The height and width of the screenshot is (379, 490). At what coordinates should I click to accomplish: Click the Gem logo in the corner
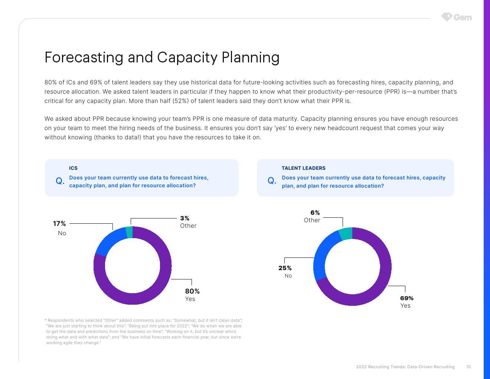456,17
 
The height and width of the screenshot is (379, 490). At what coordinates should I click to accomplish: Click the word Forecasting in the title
84,57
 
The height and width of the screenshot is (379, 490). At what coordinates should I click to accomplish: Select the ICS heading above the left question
73,168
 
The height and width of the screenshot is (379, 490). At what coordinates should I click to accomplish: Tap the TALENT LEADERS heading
303,168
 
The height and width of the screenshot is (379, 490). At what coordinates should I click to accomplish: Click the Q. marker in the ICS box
60,181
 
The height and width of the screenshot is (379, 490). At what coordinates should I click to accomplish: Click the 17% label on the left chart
59,223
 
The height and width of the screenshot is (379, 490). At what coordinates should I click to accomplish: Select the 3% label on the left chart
184,218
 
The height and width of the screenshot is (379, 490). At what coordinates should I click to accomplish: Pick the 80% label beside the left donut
192,291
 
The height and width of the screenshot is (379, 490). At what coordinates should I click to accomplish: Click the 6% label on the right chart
315,213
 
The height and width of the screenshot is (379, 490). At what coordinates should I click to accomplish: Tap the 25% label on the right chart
285,268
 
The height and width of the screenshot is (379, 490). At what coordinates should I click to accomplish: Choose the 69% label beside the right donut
407,298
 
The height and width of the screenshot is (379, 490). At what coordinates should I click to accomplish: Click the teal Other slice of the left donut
129,232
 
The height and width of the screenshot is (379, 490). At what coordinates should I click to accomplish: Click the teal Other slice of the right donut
346,234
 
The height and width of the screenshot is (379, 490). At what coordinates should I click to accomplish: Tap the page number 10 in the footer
468,367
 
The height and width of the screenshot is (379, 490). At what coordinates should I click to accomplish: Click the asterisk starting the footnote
46,320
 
